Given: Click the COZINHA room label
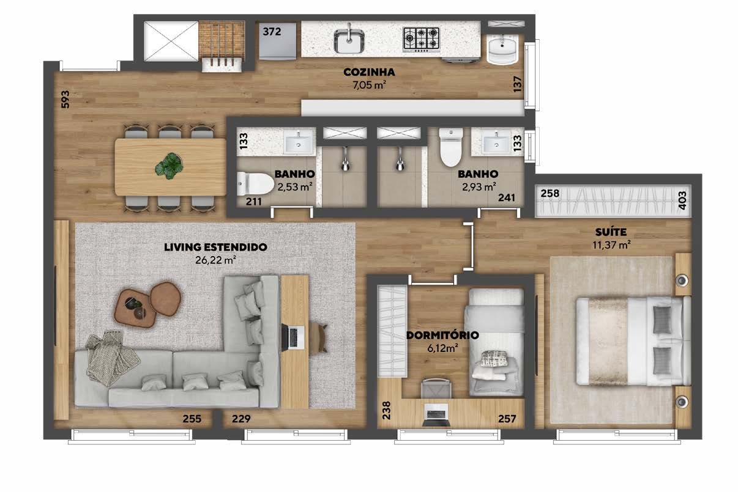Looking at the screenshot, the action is click(x=369, y=72).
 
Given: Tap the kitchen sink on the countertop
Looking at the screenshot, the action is click(x=349, y=41).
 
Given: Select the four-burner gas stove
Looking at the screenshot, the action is click(x=422, y=40).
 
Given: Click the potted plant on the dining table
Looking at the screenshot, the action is click(x=169, y=166).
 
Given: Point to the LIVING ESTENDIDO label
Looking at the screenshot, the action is click(x=215, y=247).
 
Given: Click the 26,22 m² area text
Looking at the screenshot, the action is click(x=215, y=260).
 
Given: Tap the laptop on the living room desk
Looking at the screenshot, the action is click(x=293, y=337).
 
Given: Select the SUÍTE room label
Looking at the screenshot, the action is click(x=611, y=232).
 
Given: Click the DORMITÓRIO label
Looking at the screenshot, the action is click(x=442, y=336).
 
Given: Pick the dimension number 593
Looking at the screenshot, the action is click(x=65, y=100).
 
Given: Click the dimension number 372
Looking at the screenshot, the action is click(x=272, y=32).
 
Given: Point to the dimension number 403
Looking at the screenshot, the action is click(x=682, y=200).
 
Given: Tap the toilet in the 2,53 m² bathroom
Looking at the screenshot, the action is click(x=255, y=184).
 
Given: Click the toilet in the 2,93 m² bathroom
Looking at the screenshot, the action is click(x=451, y=147).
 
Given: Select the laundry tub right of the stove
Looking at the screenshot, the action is click(x=502, y=50).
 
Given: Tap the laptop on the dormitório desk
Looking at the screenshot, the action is click(x=436, y=414).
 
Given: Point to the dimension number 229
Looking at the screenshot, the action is click(x=241, y=419).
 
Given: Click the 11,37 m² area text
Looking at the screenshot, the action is click(x=611, y=245).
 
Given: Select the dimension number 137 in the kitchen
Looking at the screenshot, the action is click(x=517, y=84).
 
